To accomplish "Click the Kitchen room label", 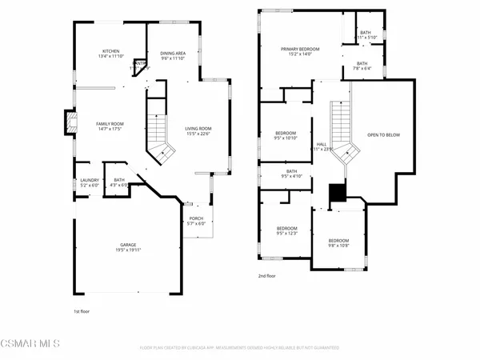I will (x=110, y=49).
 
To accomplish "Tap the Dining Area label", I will (x=173, y=53).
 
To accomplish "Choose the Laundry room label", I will (x=88, y=180).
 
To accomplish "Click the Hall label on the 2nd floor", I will (x=321, y=144).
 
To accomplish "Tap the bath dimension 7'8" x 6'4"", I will (x=362, y=69).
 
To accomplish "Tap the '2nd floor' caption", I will (x=266, y=276).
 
